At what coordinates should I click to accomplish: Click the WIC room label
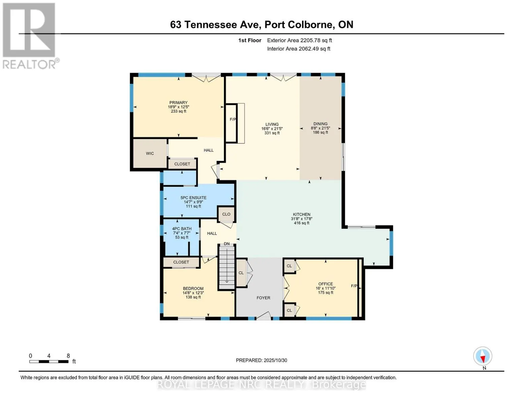(150, 153)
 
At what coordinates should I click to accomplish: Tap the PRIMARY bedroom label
(178, 102)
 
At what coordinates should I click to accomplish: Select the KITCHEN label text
(301, 214)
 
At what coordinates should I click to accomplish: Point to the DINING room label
(320, 124)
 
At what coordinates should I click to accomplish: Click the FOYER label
(264, 298)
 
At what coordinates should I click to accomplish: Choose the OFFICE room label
(326, 284)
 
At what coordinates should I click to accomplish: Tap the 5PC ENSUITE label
(194, 198)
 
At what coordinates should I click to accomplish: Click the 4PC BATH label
(182, 229)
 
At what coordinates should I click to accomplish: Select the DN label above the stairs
(227, 244)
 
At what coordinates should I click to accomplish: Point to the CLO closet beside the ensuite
(226, 214)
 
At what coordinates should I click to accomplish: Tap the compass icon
(483, 356)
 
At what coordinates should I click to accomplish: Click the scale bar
(49, 362)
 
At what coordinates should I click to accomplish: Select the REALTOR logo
(30, 36)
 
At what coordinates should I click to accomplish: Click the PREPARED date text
(261, 360)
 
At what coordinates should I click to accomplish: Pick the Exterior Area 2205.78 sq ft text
(299, 40)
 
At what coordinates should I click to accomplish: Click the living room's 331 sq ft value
(272, 133)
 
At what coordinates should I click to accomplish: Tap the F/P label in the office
(354, 286)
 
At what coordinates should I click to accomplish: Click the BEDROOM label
(193, 289)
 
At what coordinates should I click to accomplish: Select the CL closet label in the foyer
(241, 273)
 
